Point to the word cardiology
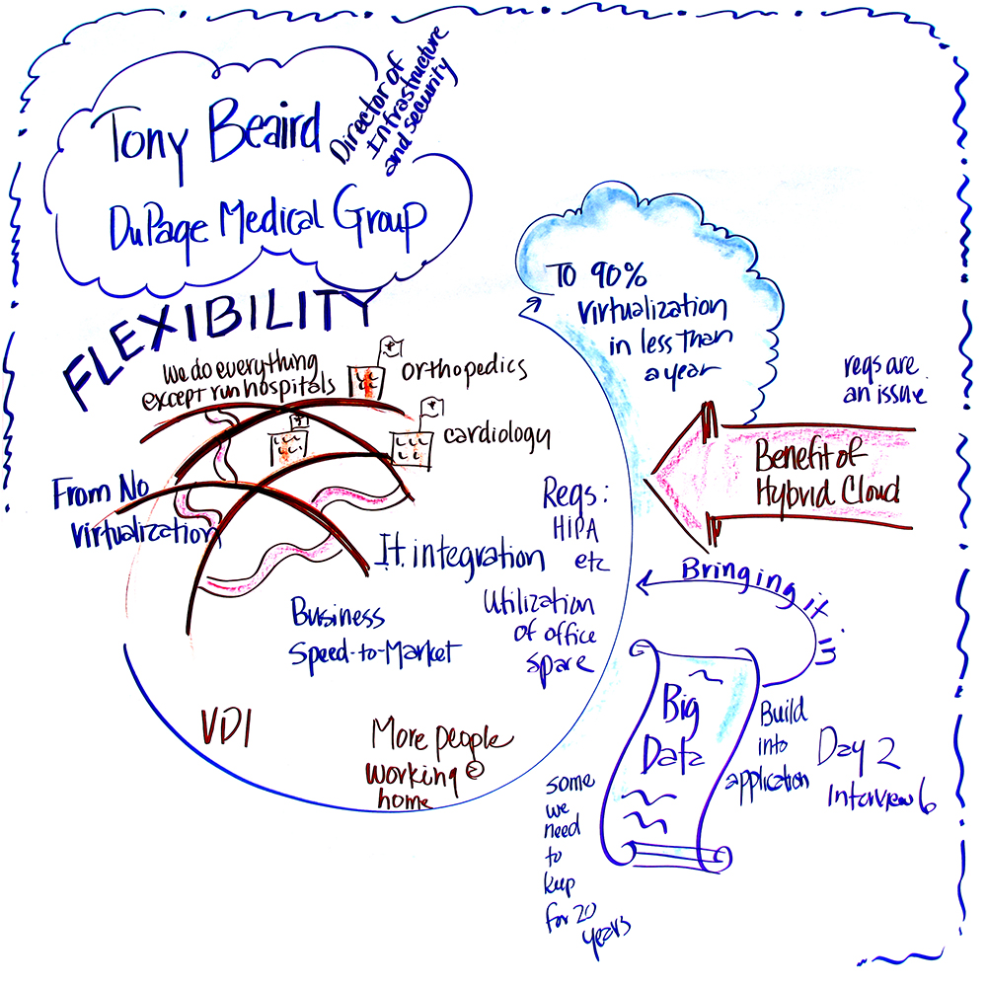tap(495, 435)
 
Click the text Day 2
tap(857, 753)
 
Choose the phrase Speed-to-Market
tap(374, 652)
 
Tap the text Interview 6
tap(880, 797)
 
